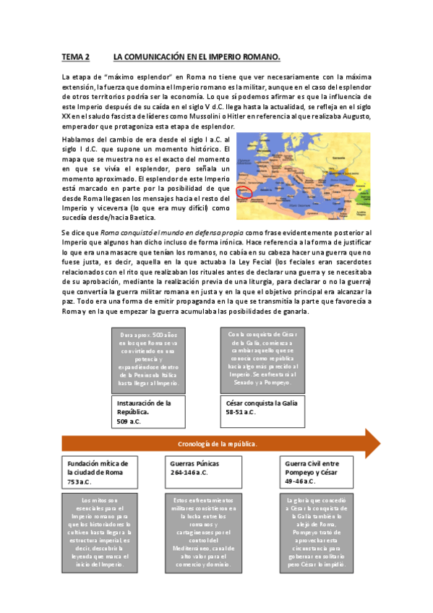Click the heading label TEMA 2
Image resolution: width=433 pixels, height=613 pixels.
tap(75, 56)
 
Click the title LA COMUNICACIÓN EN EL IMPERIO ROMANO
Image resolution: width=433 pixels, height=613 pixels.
tap(197, 56)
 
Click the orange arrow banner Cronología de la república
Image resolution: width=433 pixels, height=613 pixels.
tap(217, 443)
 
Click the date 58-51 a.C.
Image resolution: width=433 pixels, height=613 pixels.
tap(241, 412)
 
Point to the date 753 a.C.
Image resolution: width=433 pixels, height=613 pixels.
tap(80, 481)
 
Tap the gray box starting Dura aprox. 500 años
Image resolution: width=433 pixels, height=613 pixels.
tap(150, 360)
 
